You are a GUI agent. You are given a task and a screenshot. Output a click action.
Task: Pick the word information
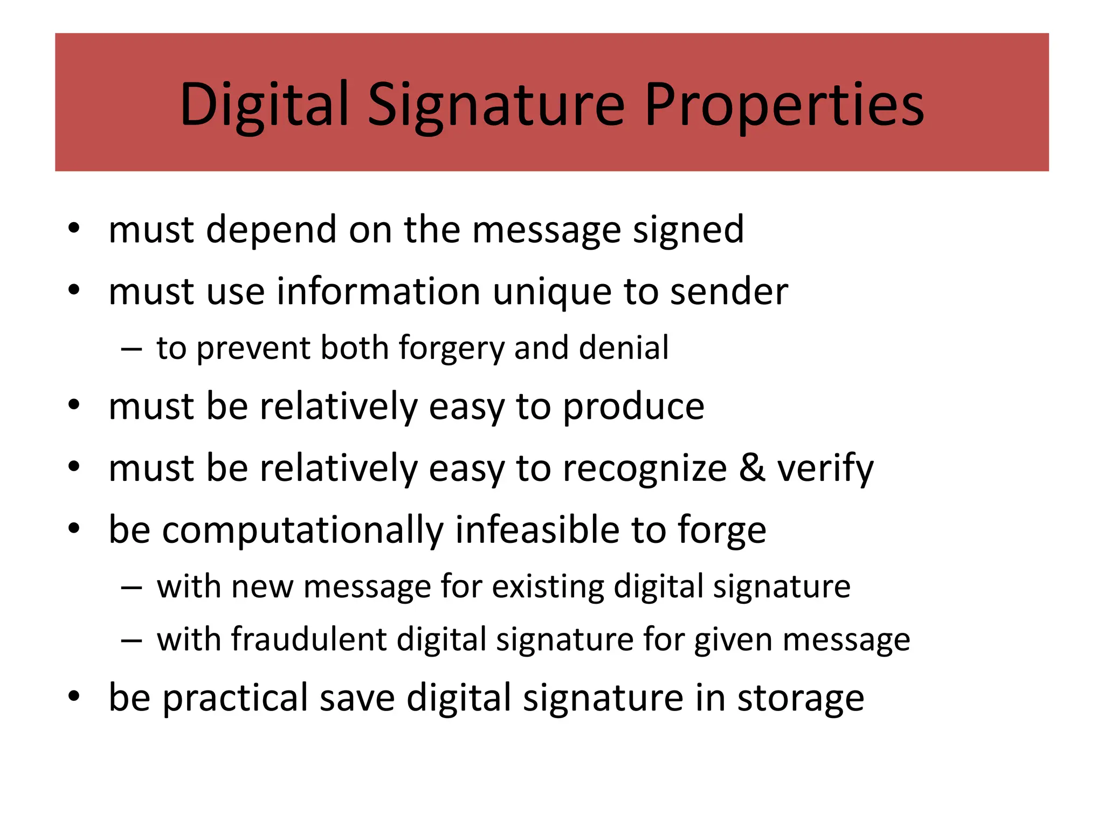point(378,292)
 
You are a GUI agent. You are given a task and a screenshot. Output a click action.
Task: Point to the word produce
point(633,407)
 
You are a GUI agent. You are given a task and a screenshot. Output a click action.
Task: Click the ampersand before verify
point(752,467)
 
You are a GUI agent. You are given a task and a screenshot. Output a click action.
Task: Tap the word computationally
point(302,530)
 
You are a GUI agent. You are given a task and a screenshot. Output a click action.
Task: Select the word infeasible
point(537,529)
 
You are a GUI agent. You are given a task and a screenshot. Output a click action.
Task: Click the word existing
point(547,586)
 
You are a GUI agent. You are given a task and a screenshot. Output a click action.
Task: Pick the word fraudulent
point(309,639)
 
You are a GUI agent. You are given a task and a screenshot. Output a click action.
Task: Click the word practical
point(235,699)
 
